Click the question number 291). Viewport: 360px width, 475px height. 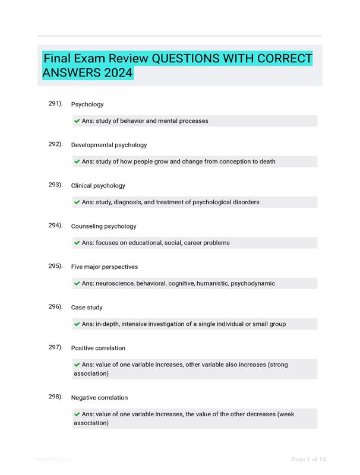click(55, 104)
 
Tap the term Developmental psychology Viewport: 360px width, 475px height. click(109, 145)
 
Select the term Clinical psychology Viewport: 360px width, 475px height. click(98, 186)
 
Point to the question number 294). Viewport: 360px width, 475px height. click(55, 226)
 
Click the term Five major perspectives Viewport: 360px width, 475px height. click(105, 267)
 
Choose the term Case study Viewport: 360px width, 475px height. click(87, 308)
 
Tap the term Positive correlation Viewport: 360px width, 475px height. click(98, 348)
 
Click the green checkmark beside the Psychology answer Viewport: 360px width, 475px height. click(77, 121)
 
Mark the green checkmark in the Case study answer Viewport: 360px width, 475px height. click(77, 324)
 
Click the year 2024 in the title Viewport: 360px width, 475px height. click(117, 74)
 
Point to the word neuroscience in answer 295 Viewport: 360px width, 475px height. click(114, 284)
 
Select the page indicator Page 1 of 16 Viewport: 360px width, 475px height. click(309, 459)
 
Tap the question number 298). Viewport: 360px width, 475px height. click(55, 397)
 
